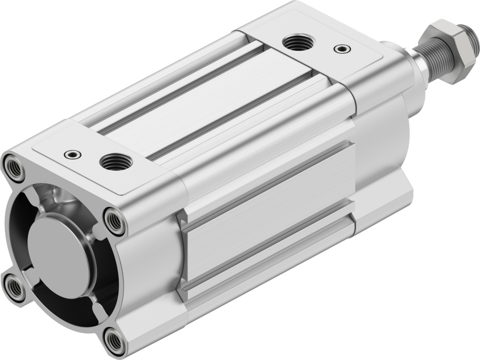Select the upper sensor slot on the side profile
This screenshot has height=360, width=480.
pos(268,182)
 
